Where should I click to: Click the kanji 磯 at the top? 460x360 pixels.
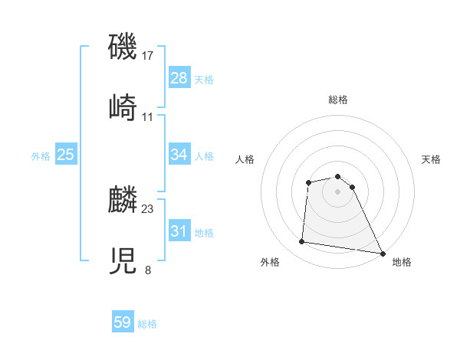tap(123, 47)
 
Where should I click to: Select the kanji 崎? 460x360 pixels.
tap(123, 107)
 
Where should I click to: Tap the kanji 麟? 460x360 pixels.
tap(123, 201)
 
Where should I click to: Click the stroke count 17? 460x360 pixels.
tap(148, 56)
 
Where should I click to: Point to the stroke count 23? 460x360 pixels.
tap(148, 208)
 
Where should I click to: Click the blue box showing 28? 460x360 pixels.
tap(179, 78)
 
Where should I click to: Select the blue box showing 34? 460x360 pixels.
tap(179, 155)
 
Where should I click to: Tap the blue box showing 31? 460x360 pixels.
tap(179, 231)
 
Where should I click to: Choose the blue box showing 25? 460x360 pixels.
tap(66, 155)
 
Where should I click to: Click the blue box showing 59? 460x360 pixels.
tap(123, 322)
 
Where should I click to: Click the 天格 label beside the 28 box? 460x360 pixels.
tap(204, 80)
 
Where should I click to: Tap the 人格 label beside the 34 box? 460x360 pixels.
tap(204, 156)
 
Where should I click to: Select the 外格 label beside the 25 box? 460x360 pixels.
tap(41, 156)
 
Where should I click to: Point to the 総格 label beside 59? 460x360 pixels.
tap(147, 324)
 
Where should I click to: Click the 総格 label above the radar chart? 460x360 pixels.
tap(337, 100)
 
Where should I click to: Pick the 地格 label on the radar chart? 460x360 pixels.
tap(402, 262)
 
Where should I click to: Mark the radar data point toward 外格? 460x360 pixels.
tap(302, 242)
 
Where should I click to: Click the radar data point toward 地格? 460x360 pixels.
tap(383, 253)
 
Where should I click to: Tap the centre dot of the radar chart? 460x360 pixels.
tap(337, 191)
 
